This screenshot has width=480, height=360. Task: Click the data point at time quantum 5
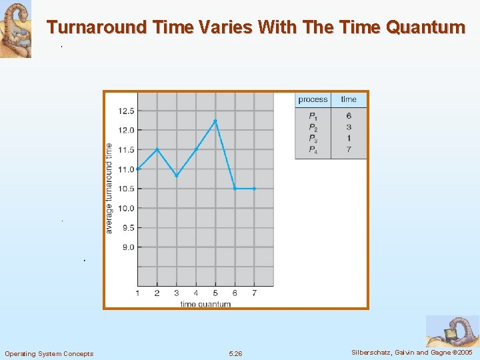pos(215,121)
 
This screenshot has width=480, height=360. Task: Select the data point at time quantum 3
pos(177,175)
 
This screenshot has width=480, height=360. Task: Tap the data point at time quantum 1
pos(137,169)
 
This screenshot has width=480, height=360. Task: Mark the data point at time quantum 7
pos(254,189)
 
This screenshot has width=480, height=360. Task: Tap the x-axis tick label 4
pos(196,293)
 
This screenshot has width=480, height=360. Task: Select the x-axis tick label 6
pos(235,293)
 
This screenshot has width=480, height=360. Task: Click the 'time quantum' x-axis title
pos(205,304)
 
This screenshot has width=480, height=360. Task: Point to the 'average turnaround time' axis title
pos(109,188)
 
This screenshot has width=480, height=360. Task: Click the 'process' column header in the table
pos(313,99)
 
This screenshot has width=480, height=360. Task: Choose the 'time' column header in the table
pos(349,99)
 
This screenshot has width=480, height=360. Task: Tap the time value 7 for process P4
pos(349,150)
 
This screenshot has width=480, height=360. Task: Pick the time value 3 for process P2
pos(349,127)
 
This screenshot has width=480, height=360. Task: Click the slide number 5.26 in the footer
pos(235,353)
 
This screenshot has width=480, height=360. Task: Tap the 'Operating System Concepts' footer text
pos(49,353)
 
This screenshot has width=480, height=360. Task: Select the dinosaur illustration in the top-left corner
pos(15,29)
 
